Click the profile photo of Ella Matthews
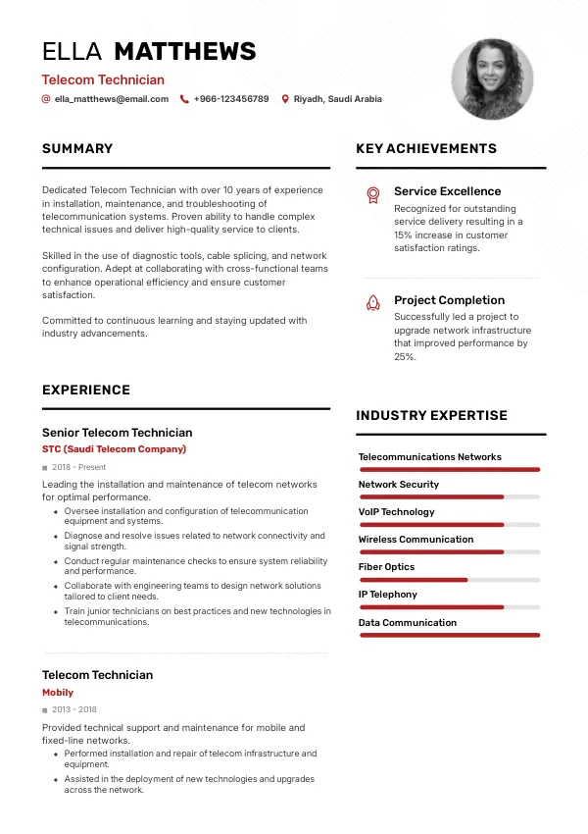[492, 79]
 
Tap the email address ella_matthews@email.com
[112, 99]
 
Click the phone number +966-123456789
[231, 99]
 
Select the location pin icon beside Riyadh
[285, 99]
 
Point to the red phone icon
[184, 99]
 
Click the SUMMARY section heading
[77, 149]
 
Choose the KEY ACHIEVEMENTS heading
[426, 149]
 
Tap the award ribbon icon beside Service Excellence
[372, 194]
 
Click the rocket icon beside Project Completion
[372, 303]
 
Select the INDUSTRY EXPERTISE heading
[431, 416]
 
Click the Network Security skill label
[399, 485]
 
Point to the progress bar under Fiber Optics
[449, 580]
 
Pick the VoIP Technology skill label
[396, 512]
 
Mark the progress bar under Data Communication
[449, 635]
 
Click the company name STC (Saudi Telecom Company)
[114, 449]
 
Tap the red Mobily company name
[58, 693]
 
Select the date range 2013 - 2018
[74, 709]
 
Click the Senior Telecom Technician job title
[117, 433]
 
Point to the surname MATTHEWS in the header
[185, 52]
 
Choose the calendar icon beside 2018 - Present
[45, 468]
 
